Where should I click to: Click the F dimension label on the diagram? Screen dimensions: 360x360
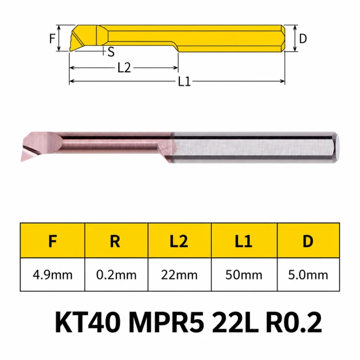pos(52,38)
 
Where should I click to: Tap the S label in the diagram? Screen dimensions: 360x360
pos(111,52)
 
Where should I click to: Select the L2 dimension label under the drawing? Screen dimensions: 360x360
pos(124,68)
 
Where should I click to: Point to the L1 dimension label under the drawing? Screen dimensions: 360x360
pos(184,81)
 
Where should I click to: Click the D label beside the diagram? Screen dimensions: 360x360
pos(303,38)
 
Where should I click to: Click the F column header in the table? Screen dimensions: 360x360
pos(53,241)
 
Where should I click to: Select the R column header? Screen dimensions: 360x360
pos(115,241)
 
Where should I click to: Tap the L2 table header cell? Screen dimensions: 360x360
pos(179,241)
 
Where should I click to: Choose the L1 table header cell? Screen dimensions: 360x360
pos(243,241)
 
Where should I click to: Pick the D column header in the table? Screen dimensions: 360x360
pos(308,241)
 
